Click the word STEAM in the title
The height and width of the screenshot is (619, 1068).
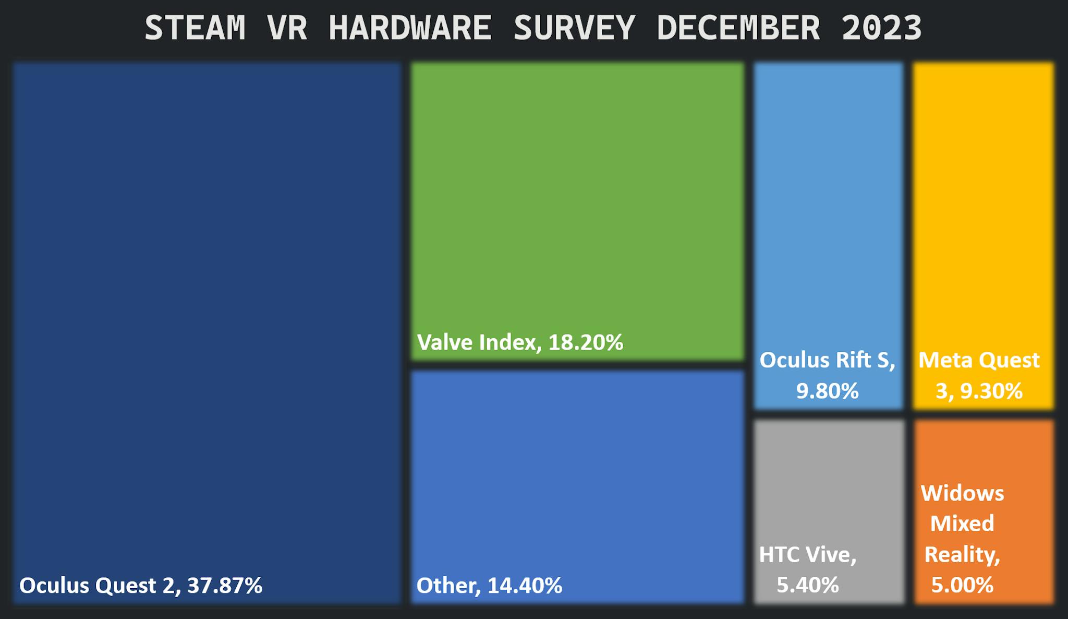point(195,28)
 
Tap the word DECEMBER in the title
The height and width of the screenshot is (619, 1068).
point(737,28)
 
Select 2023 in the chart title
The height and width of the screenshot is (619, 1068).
point(882,28)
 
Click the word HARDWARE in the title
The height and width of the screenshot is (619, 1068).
point(410,28)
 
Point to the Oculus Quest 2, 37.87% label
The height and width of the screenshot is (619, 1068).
point(141,586)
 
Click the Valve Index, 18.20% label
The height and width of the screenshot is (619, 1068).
point(520,342)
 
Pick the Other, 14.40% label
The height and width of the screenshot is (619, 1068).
point(489,586)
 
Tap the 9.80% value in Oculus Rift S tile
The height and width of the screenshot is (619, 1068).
point(827,391)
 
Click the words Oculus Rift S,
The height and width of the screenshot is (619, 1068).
point(827,360)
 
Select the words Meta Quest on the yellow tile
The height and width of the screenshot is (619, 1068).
point(979,360)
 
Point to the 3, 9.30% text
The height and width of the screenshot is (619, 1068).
point(979,391)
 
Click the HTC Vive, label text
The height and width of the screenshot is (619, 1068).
point(808,554)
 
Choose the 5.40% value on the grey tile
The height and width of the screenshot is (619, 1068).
point(808,585)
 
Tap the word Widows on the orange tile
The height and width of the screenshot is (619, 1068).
point(962,493)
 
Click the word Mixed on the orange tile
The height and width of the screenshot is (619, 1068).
point(962,523)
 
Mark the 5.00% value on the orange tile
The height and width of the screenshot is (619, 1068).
point(962,585)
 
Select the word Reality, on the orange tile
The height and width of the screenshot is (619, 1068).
point(962,554)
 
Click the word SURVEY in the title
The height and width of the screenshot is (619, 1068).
point(574,28)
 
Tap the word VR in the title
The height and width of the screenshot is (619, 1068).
point(287,28)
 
